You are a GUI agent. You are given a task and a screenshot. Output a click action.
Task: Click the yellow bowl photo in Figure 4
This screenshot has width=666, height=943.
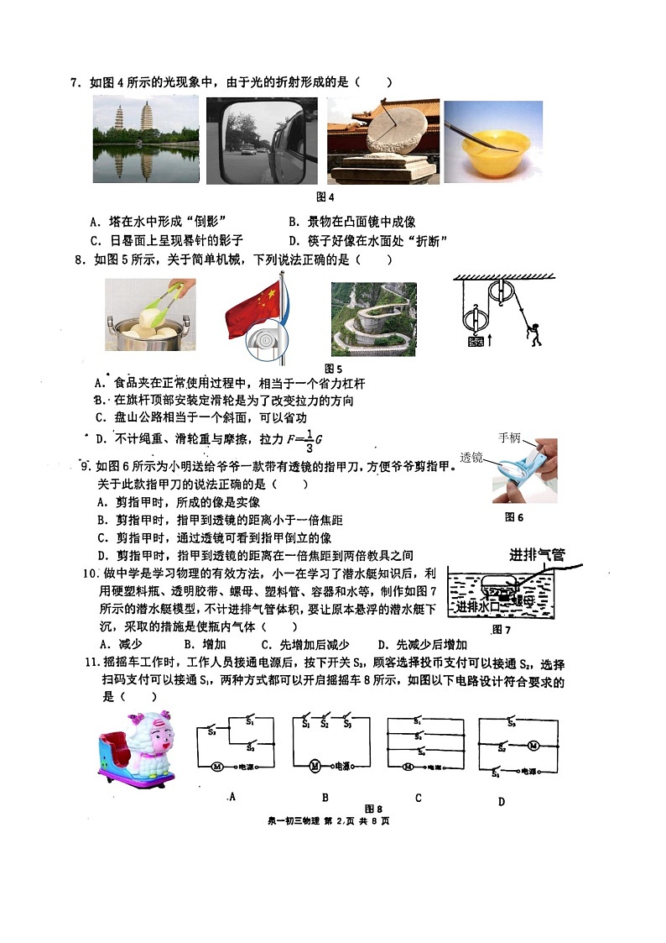click(493, 143)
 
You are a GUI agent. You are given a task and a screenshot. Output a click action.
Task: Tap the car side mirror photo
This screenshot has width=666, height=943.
click(262, 140)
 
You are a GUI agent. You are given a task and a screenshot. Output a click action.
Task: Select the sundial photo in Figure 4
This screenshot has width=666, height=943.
click(382, 140)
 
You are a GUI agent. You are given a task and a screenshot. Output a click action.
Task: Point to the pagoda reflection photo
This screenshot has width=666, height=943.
click(145, 140)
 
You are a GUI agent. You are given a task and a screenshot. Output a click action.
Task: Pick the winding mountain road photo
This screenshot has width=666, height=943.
click(373, 318)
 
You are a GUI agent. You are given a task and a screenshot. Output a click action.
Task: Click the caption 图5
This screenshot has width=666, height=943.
click(333, 369)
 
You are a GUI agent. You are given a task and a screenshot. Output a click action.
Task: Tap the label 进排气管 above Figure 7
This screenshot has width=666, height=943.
click(537, 555)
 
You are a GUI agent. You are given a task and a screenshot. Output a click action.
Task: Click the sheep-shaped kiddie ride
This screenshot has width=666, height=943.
click(137, 750)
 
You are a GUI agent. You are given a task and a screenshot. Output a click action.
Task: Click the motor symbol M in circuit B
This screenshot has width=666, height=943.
click(315, 765)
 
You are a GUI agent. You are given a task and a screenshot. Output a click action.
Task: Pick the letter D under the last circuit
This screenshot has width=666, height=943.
click(501, 801)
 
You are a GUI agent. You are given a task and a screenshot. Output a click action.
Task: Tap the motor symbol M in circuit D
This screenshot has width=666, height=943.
click(531, 746)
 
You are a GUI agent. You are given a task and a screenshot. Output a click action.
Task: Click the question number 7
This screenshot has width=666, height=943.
click(75, 82)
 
